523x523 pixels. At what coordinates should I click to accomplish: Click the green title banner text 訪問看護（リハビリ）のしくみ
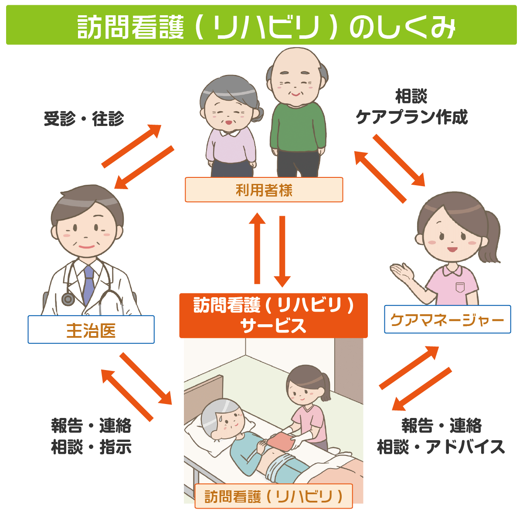pos(266,27)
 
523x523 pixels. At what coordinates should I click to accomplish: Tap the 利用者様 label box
pos(264,190)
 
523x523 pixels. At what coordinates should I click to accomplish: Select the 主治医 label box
pos(91,330)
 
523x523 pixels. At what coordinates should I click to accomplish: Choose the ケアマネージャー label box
pos(447,320)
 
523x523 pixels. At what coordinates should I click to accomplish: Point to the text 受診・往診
pos(84,119)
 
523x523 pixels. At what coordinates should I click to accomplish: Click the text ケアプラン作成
pos(412,117)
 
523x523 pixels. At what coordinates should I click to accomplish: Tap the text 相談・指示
pos(91,447)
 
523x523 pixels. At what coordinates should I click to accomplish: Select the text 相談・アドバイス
pos(441,447)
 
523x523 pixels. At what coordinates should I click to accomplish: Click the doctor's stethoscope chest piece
pos(68,299)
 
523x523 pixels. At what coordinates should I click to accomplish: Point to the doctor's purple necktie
pos(88,283)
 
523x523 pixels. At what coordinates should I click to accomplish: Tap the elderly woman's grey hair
pos(227,89)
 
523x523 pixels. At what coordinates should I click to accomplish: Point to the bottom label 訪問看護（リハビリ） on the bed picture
pos(273,496)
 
